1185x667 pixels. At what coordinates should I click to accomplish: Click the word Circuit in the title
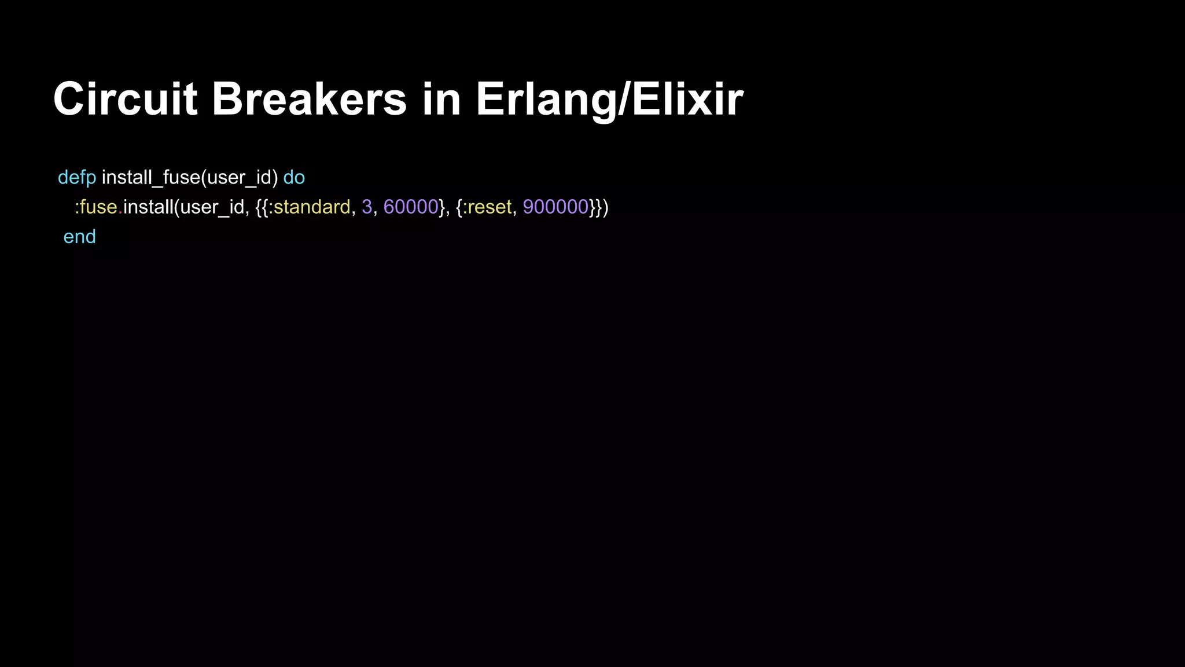tap(125, 100)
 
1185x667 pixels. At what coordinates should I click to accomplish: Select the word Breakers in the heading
tap(309, 100)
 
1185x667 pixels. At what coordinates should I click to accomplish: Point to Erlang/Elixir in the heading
tap(609, 100)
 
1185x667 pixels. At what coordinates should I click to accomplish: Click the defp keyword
tap(77, 178)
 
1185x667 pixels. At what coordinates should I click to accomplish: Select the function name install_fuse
tap(150, 178)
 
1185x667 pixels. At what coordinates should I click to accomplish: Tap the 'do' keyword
tap(294, 178)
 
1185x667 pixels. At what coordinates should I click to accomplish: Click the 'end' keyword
tap(79, 237)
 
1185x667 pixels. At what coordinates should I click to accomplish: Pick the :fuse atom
tap(96, 207)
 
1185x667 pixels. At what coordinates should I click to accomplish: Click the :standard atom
tap(310, 207)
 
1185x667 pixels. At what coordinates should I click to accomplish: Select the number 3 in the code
tap(367, 207)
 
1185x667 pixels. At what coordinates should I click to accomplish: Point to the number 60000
tap(411, 207)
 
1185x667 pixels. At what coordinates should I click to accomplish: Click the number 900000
tap(555, 207)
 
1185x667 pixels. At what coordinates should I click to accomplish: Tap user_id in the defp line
tap(239, 178)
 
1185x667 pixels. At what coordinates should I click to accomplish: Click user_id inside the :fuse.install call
tap(212, 207)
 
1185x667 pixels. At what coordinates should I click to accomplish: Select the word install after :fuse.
tap(148, 207)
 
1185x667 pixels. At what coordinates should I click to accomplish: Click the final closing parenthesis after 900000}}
tap(605, 207)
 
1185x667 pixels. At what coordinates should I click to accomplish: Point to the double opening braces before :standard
tap(262, 207)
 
